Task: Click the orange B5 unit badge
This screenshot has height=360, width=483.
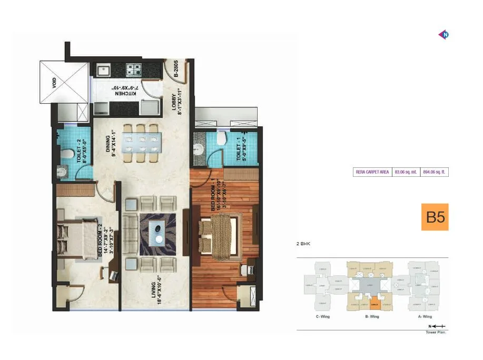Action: tap(435, 217)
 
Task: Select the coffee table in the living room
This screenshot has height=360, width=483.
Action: tap(157, 231)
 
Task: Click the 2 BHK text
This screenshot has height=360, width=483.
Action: tap(304, 244)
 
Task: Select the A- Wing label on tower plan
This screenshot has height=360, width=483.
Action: tap(424, 316)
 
